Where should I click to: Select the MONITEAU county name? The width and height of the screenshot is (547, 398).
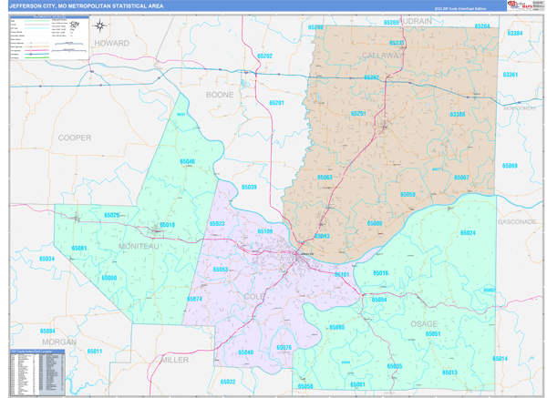139,247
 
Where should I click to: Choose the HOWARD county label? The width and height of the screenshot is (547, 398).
111,43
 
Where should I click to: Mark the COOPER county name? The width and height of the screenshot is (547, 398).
75,138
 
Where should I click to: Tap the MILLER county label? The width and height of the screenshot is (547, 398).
174,360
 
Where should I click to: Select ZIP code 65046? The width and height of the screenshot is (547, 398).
187,161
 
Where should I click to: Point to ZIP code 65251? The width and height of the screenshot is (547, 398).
358,114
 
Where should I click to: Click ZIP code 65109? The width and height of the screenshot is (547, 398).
264,231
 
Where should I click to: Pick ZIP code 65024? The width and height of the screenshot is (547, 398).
468,233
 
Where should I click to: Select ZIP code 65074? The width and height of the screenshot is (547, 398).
194,299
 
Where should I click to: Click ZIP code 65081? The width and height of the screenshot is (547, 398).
79,248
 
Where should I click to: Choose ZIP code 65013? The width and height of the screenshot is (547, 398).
449,372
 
